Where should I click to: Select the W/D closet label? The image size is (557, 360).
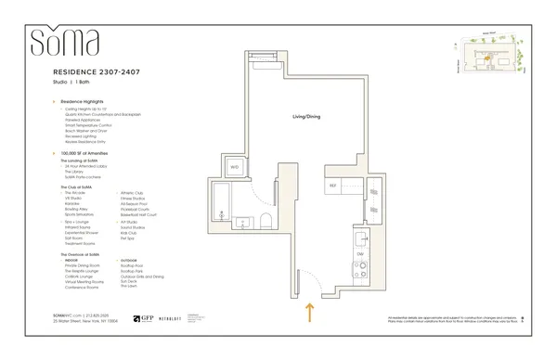pos(234,168)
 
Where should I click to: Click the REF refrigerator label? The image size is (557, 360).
pos(333,171)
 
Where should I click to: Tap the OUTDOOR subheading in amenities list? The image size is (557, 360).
pos(129,260)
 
